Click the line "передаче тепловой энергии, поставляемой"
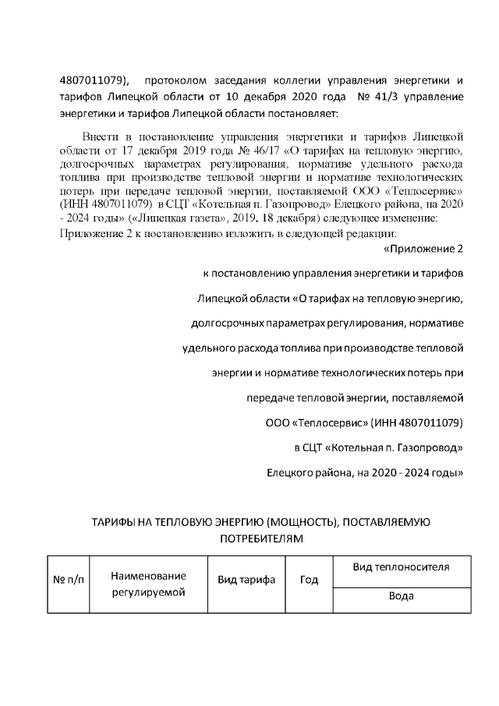pos(355,398)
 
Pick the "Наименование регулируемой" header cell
pos(148,584)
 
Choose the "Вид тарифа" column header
pos(246,580)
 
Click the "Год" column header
pos(309,580)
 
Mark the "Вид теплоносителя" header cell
pos(401,567)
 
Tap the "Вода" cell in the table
pos(401,597)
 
